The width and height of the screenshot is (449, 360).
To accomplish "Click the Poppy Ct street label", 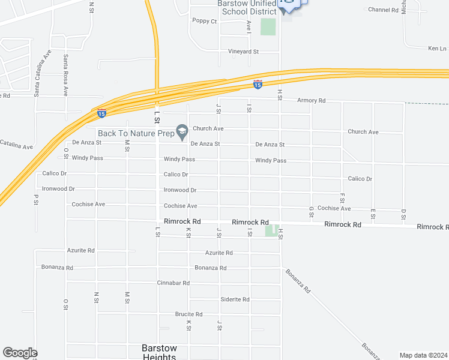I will (204, 21).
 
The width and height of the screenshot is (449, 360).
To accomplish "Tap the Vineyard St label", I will (243, 52).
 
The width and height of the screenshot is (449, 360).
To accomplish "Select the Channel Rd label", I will (384, 10).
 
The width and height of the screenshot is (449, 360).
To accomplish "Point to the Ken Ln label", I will (437, 48).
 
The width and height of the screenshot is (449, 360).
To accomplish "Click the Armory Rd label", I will (311, 101).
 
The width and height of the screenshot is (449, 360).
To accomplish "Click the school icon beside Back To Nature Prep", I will (182, 131).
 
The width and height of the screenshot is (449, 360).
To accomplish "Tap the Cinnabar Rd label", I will (173, 283).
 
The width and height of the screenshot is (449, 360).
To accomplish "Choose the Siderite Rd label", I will (235, 299).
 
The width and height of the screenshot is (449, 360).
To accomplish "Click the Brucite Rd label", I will (188, 314).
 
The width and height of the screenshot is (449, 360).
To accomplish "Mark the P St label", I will (36, 199).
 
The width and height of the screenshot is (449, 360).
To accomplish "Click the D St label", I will (403, 214).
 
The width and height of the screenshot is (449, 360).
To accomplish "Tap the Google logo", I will (20, 353).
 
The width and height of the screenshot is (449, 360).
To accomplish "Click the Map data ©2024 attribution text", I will (423, 355).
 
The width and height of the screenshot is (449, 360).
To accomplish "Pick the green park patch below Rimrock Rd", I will (271, 230).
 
